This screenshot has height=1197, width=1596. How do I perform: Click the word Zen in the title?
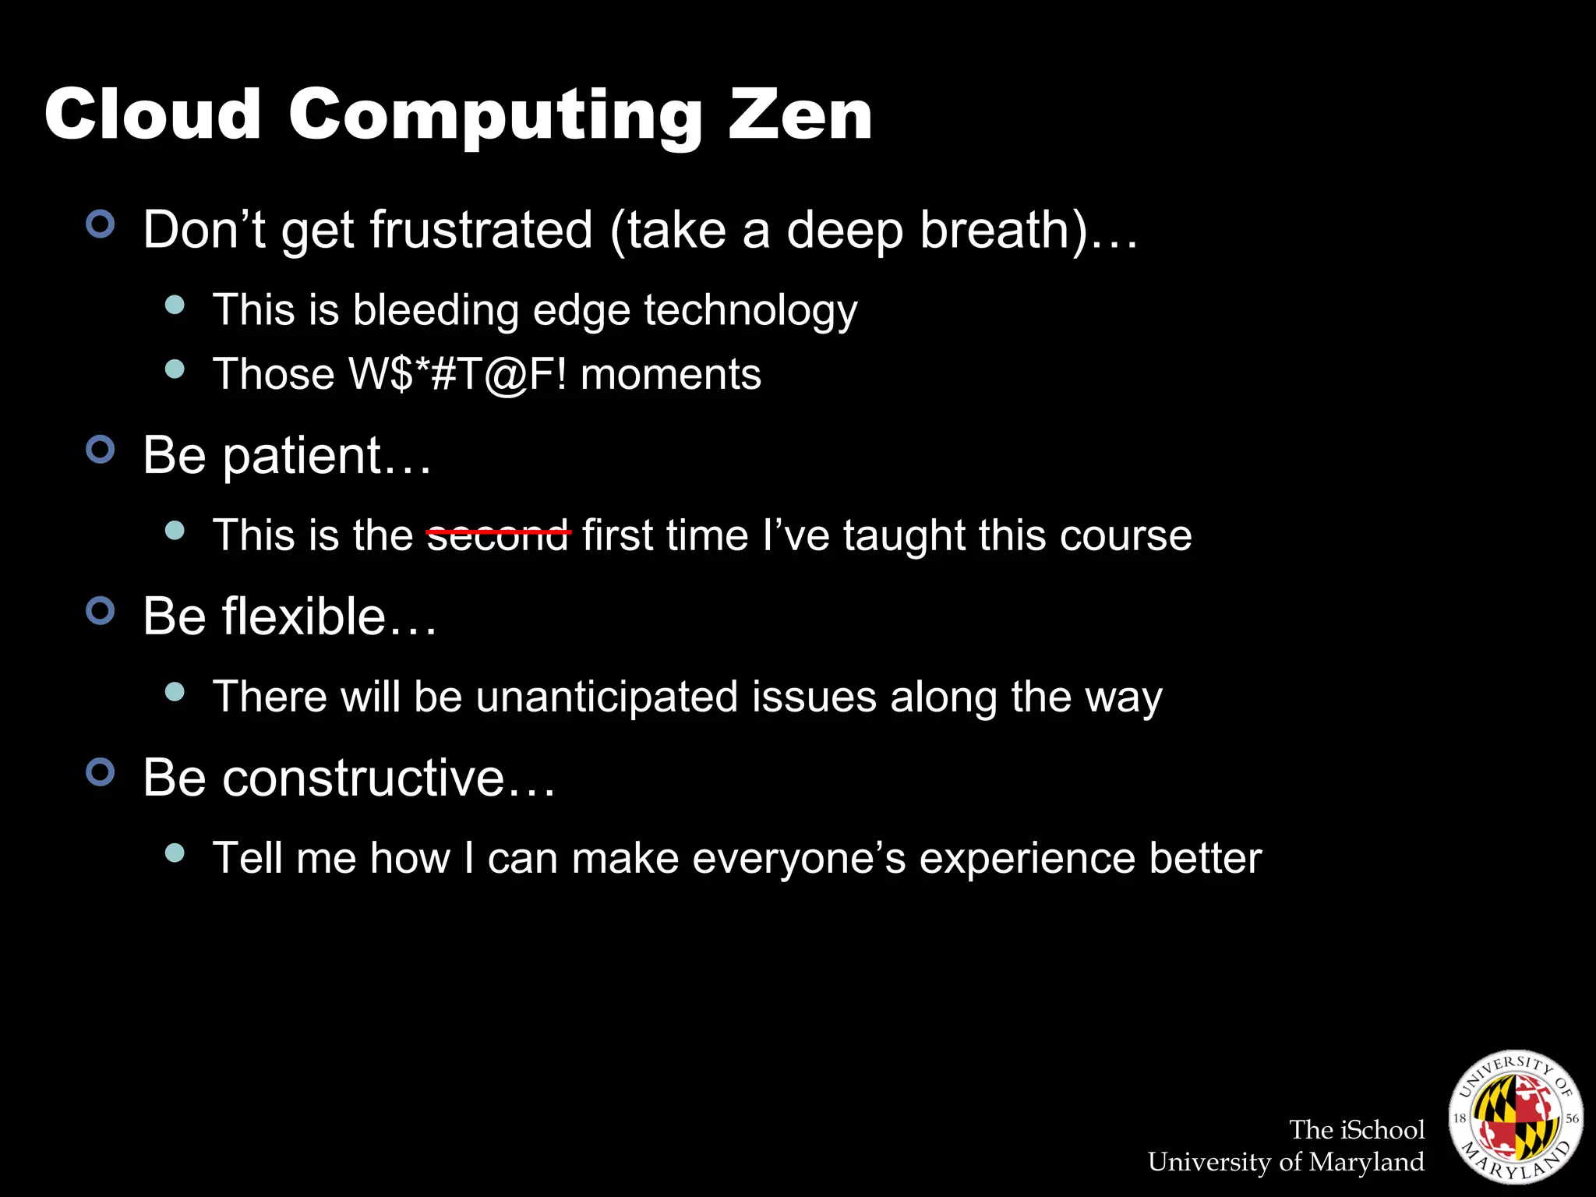click(800, 115)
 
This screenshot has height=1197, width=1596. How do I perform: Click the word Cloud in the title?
click(153, 115)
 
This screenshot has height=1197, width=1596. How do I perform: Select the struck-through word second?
click(498, 535)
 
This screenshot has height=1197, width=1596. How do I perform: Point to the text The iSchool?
click(1356, 1129)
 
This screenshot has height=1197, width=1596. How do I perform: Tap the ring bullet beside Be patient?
click(101, 450)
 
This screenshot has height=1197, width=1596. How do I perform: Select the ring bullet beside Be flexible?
click(101, 611)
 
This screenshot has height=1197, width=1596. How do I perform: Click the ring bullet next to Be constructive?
click(101, 772)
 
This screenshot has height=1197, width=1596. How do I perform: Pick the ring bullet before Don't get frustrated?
click(101, 224)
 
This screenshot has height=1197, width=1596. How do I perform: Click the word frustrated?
click(481, 230)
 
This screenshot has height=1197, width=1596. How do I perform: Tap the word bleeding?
click(436, 310)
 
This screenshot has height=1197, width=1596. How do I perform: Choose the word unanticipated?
click(606, 696)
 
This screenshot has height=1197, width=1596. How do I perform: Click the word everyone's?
click(799, 858)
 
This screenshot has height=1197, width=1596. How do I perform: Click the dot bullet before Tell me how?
click(175, 853)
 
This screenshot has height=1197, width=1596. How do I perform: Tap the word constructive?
click(363, 778)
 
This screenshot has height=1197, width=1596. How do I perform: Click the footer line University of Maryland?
click(1286, 1162)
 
